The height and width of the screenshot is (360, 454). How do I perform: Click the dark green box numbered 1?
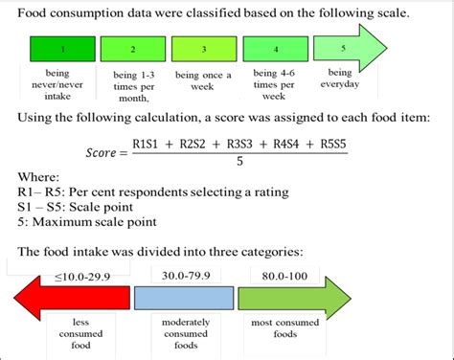tap(62, 49)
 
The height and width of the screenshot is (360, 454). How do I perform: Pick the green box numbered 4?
tap(274, 49)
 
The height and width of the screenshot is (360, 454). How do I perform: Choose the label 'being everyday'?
tap(340, 79)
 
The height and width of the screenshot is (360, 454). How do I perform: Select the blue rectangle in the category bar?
tap(183, 299)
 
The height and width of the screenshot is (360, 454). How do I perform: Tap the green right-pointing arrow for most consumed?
tap(297, 299)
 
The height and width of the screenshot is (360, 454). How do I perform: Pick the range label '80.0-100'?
tap(278, 274)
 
